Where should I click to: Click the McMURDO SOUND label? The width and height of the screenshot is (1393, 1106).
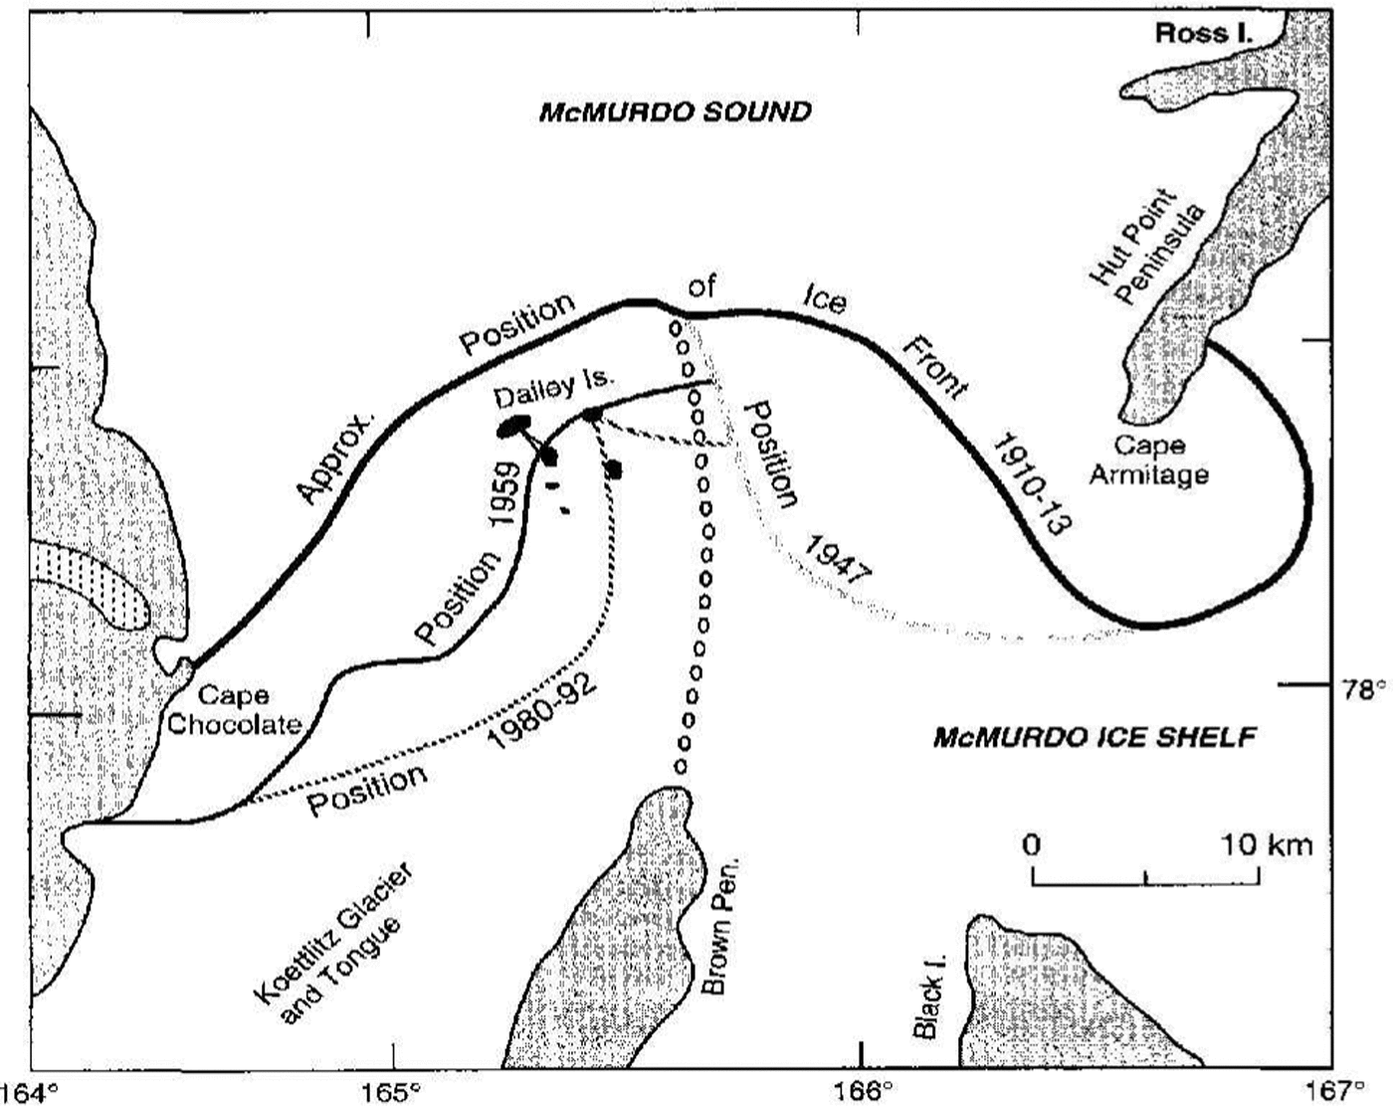tap(675, 110)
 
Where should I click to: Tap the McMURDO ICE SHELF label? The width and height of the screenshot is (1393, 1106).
tap(1094, 737)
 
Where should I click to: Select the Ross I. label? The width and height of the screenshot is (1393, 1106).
tap(1204, 34)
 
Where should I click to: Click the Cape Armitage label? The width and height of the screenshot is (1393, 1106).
tap(1148, 460)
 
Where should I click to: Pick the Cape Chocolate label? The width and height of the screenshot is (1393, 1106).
tap(233, 710)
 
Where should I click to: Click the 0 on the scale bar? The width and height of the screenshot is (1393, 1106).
tap(1032, 845)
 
